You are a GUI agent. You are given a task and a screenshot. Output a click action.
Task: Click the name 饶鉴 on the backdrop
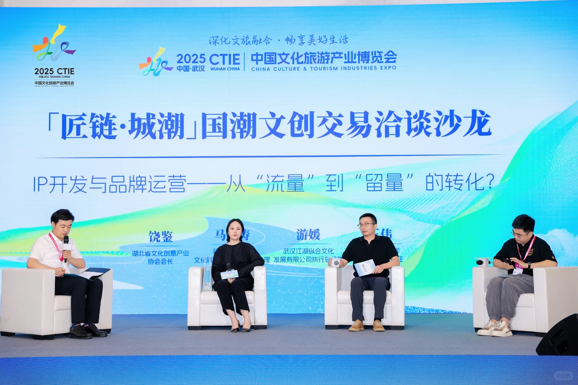[x=161, y=236]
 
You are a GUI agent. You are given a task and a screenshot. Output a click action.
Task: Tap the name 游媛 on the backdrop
[x=308, y=235]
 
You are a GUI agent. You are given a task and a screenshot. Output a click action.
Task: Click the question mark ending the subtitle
[x=490, y=183]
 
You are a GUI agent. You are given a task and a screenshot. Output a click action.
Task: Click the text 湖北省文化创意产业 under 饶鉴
[x=160, y=253]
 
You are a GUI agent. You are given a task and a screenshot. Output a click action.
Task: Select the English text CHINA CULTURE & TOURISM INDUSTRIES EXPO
[x=323, y=68]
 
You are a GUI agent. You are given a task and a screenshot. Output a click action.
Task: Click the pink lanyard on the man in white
[x=56, y=246]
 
